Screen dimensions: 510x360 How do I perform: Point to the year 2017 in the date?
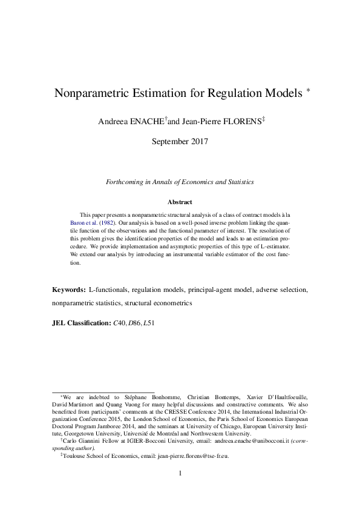click(x=197, y=142)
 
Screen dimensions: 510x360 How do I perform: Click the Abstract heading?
click(x=180, y=202)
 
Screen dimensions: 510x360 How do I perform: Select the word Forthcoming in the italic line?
click(x=125, y=182)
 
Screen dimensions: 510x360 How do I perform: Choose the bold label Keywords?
click(x=68, y=290)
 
